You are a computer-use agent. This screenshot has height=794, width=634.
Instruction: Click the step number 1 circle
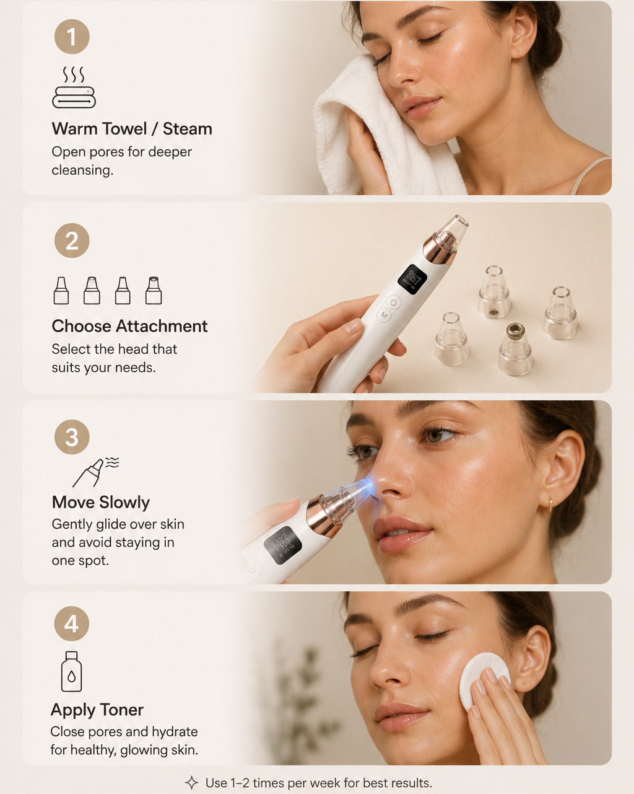pyautogui.click(x=72, y=37)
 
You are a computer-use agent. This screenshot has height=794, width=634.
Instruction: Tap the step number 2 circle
pyautogui.click(x=72, y=240)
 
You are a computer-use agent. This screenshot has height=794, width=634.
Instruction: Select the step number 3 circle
pyautogui.click(x=72, y=437)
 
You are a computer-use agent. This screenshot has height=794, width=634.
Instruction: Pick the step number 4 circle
pyautogui.click(x=71, y=624)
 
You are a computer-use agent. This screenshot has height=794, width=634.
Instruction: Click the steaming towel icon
pyautogui.click(x=74, y=87)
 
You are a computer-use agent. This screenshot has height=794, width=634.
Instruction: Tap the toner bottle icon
pyautogui.click(x=71, y=671)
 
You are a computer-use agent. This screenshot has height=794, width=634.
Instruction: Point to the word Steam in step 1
pyautogui.click(x=187, y=129)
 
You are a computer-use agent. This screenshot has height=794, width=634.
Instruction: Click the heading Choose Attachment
pyautogui.click(x=129, y=326)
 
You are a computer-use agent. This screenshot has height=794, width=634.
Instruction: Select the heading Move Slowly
pyautogui.click(x=101, y=503)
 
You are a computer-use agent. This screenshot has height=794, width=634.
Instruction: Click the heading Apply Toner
pyautogui.click(x=97, y=710)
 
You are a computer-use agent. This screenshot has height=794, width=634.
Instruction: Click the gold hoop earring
pyautogui.click(x=549, y=505)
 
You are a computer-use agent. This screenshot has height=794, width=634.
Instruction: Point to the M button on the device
pyautogui.click(x=384, y=315)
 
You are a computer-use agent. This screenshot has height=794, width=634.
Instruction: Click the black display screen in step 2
pyautogui.click(x=412, y=280)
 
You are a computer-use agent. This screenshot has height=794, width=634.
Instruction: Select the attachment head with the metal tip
pyautogui.click(x=515, y=349)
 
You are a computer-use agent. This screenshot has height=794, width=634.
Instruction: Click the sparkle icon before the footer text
pyautogui.click(x=192, y=783)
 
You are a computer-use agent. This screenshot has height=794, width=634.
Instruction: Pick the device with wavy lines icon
pyautogui.click(x=96, y=472)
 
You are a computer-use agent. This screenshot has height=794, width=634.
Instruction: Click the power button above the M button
pyautogui.click(x=394, y=302)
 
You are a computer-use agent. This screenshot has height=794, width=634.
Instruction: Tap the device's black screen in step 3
pyautogui.click(x=283, y=545)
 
